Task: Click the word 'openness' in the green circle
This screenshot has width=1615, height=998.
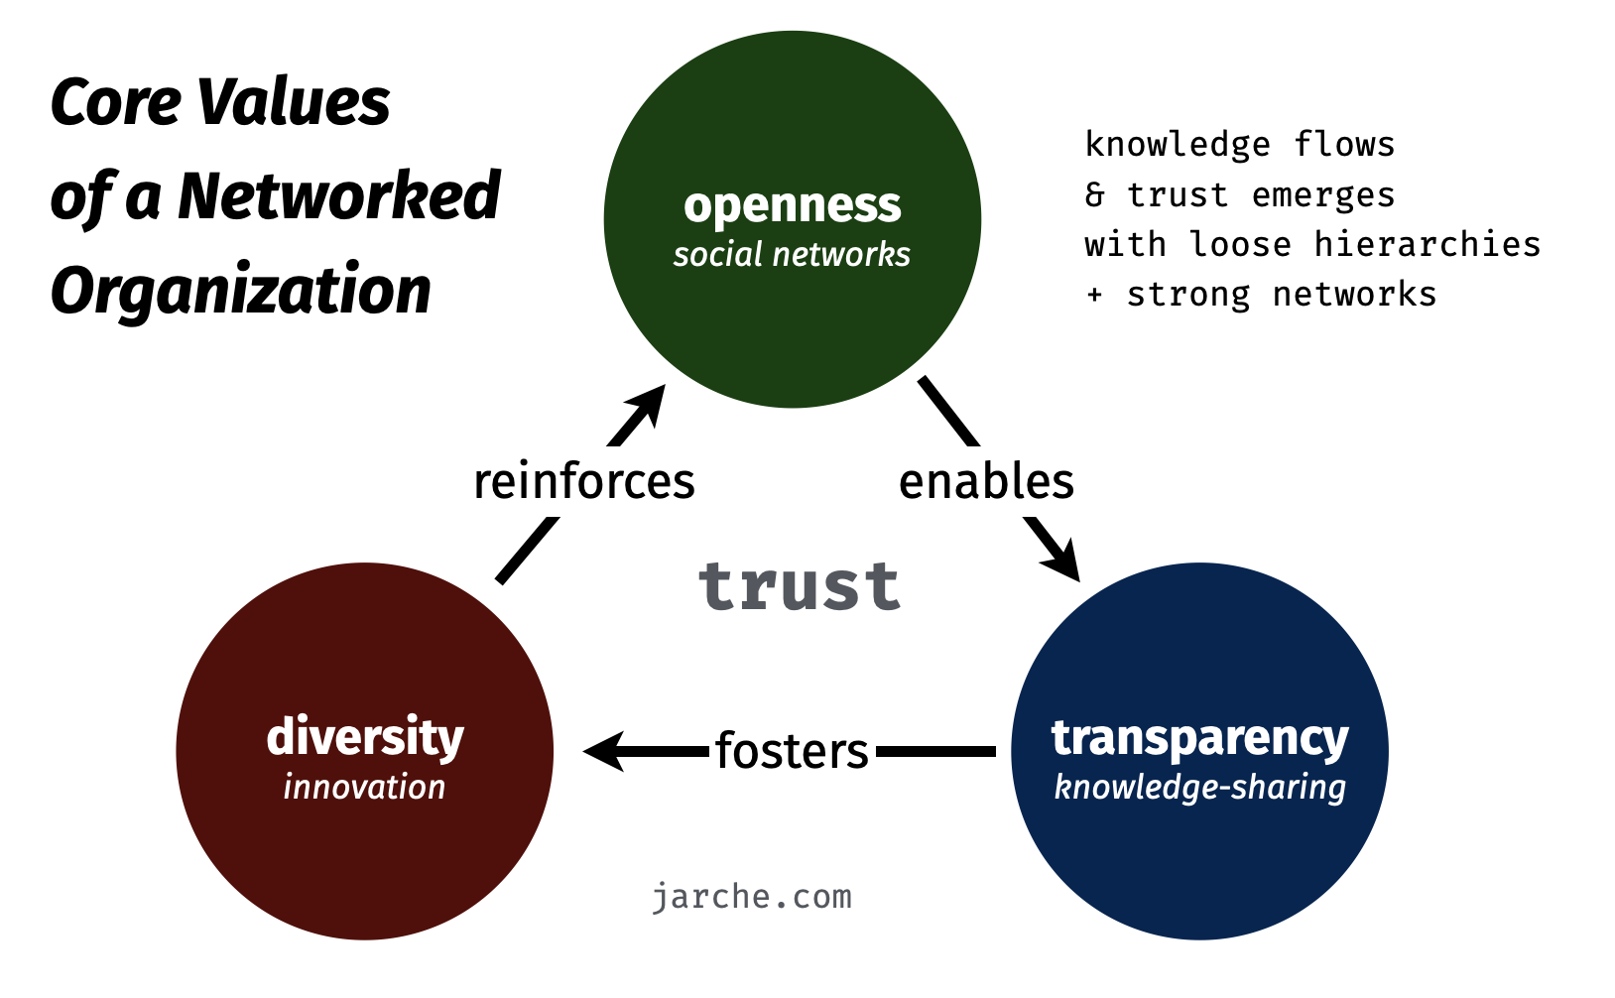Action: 792,206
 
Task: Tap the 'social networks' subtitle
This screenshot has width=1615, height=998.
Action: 792,255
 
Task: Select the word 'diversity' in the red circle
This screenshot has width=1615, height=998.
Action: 365,737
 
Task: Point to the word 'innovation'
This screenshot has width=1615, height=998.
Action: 364,787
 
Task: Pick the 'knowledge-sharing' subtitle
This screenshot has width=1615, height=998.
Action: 1199,788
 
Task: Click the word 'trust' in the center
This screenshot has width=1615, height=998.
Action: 800,585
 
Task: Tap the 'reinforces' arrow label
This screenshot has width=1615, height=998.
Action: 584,481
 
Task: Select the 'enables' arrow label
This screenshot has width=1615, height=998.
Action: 986,481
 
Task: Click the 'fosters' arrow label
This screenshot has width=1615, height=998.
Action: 792,751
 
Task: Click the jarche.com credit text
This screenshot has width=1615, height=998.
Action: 752,897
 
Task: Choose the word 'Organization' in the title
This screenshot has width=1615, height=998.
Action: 241,291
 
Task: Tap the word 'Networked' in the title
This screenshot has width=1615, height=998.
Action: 338,195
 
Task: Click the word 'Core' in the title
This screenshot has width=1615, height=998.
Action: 115,102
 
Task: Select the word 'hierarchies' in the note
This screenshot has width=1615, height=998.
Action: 1428,244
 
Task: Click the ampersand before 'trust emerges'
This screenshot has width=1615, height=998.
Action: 1094,194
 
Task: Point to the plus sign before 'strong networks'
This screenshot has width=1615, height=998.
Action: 1094,295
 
